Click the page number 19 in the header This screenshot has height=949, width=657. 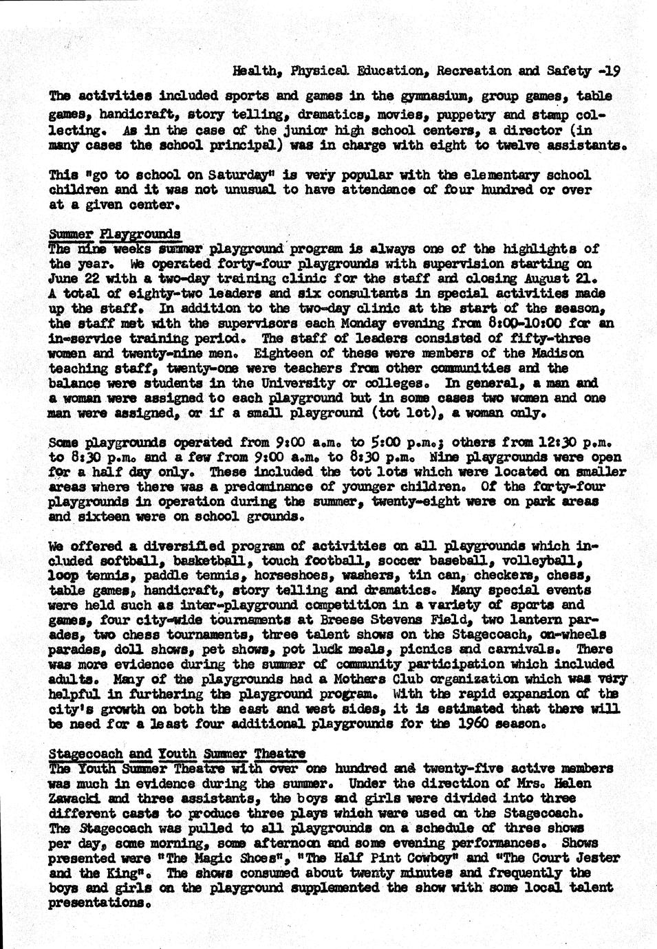(x=614, y=70)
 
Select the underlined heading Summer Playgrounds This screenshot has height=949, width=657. (x=115, y=234)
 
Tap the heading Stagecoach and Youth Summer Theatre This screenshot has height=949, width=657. (x=177, y=754)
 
